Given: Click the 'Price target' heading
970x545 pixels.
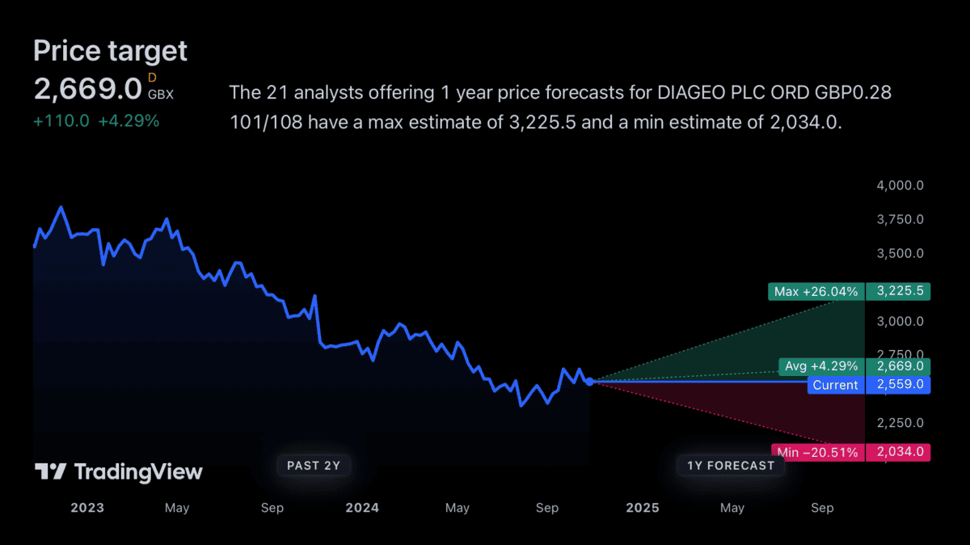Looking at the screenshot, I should click(110, 52).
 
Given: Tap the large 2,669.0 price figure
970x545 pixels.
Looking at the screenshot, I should click(87, 89).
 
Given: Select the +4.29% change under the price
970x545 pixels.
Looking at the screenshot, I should click(129, 121).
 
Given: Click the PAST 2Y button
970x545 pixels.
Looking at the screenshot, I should click(314, 465).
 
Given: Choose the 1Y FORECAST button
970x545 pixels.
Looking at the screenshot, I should click(731, 465).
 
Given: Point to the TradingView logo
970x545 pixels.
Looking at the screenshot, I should click(118, 472).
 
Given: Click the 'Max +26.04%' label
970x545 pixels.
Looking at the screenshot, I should click(816, 291).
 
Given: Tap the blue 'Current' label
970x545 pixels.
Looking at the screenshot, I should click(835, 385).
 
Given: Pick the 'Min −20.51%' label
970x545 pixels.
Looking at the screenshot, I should click(816, 453).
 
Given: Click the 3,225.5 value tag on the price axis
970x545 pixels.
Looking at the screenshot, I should click(898, 291).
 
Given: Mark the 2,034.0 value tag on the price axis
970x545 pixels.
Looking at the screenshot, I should click(898, 453).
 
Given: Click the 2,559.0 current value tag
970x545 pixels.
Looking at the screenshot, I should click(898, 385).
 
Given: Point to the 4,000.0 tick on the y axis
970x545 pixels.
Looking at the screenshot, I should click(900, 186).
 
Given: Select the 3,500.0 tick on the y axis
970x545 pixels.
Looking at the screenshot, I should click(900, 254).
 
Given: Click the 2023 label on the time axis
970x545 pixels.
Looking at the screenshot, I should click(87, 508).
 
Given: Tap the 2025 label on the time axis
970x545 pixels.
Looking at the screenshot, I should click(643, 508).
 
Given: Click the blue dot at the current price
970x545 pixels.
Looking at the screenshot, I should click(590, 382).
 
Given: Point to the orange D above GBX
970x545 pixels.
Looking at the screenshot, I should click(152, 78).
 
